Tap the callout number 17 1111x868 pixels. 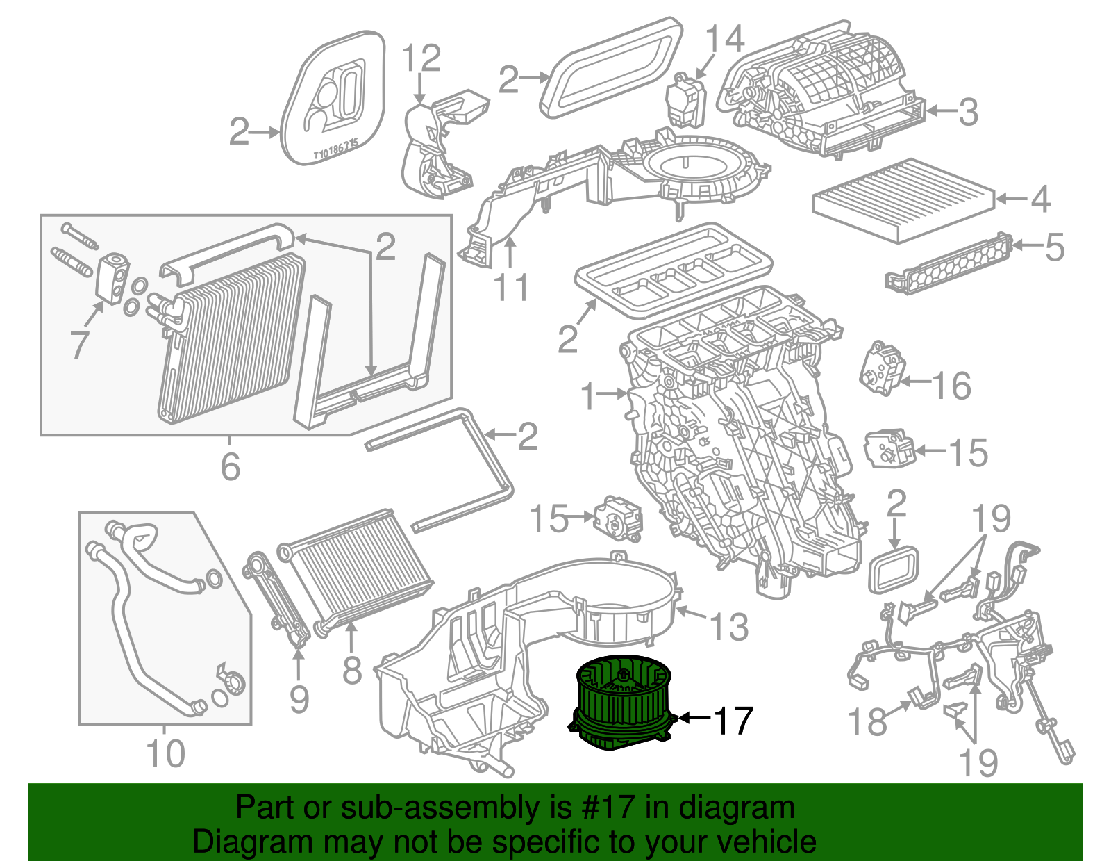tap(733, 721)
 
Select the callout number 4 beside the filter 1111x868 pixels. tap(1039, 199)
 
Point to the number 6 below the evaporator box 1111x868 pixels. tap(231, 466)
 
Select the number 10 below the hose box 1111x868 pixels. tap(166, 753)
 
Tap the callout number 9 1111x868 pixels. tap(299, 698)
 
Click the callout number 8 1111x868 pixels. tap(352, 671)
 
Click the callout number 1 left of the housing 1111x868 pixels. tap(589, 396)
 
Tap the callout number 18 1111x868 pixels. tap(868, 722)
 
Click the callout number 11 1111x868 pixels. tap(512, 288)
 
